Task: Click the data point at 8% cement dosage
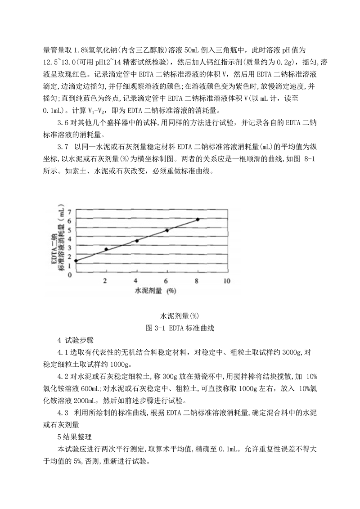click(198, 219)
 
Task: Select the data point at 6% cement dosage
click(167, 230)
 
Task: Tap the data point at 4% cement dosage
click(137, 241)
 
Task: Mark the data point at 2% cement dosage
click(106, 249)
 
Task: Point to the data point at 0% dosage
click(76, 261)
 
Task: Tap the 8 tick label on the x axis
click(197, 281)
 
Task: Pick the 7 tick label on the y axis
click(70, 212)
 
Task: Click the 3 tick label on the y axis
click(70, 248)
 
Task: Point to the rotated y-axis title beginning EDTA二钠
click(56, 243)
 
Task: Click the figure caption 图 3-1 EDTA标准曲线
click(180, 328)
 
